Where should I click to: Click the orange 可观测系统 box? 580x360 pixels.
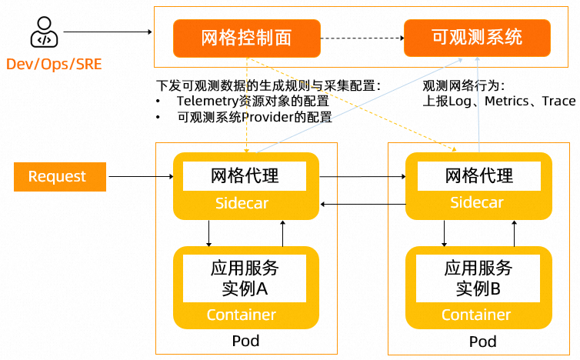[x=477, y=38]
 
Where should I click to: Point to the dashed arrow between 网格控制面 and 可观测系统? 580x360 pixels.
[x=362, y=38]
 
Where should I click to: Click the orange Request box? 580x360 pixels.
[x=58, y=177]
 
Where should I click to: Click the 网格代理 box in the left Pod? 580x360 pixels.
[x=245, y=176]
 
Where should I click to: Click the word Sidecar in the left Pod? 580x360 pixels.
[x=245, y=204]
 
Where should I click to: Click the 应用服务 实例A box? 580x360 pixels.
[x=245, y=278]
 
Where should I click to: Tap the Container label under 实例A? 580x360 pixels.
[x=241, y=315]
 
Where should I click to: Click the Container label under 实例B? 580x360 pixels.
[x=476, y=315]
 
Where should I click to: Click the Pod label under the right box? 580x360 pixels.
[x=482, y=342]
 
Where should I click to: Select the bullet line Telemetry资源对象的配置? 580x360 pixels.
[x=252, y=102]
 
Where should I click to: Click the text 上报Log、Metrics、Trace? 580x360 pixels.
[x=499, y=102]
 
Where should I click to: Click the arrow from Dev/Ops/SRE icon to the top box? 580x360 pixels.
[x=108, y=32]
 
